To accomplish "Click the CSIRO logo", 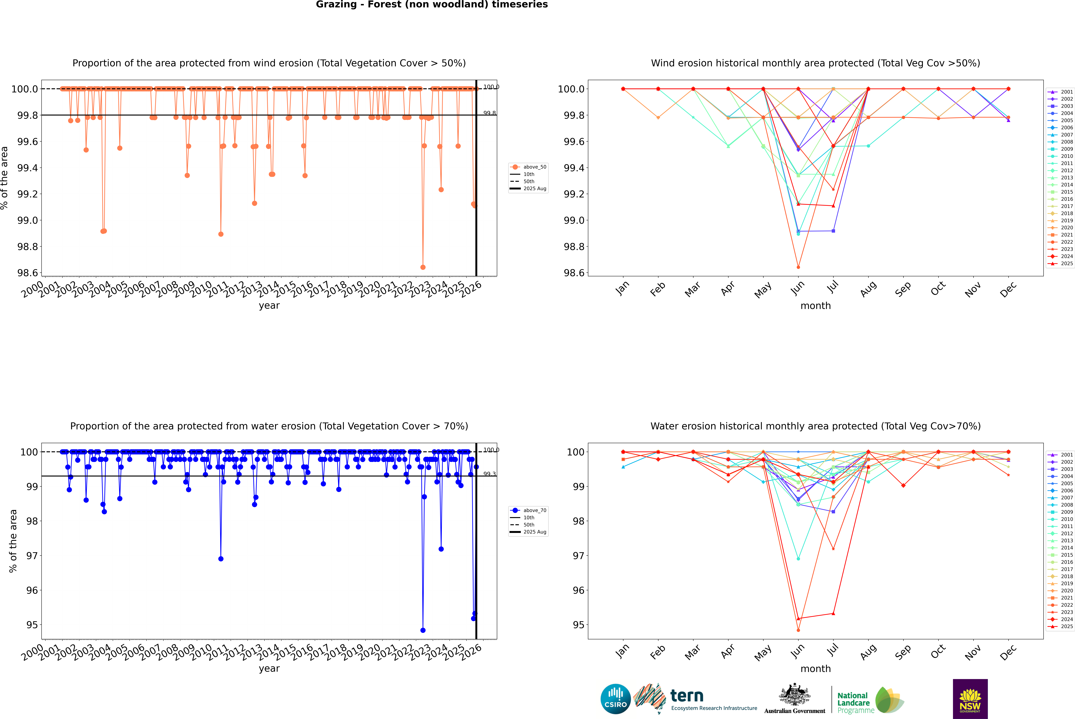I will click(615, 699).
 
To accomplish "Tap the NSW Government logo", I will click(970, 699).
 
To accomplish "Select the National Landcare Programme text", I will click(853, 702).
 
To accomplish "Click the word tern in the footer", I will click(686, 696).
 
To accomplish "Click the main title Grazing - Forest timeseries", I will click(432, 5).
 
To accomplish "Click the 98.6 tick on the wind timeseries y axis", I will click(28, 273).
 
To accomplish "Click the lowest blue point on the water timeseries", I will click(423, 630).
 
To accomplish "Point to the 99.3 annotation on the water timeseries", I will click(489, 474).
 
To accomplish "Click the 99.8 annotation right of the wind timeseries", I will click(489, 113).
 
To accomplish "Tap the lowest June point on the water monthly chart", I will click(798, 630).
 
